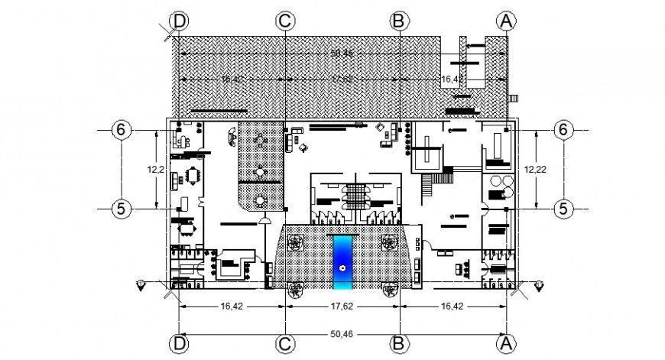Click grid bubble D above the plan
pyautogui.click(x=180, y=21)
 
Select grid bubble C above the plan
pyautogui.click(x=285, y=21)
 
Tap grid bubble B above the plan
pyautogui.click(x=397, y=21)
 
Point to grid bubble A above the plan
pyautogui.click(x=505, y=21)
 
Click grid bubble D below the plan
pyautogui.click(x=180, y=344)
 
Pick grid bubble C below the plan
pyautogui.click(x=285, y=344)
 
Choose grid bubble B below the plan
pyautogui.click(x=397, y=344)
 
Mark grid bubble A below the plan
pyautogui.click(x=505, y=344)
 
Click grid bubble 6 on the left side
pyautogui.click(x=121, y=130)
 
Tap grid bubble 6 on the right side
pyautogui.click(x=563, y=130)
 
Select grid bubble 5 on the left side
pyautogui.click(x=121, y=207)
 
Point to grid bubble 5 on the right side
pyautogui.click(x=563, y=207)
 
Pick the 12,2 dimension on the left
pyautogui.click(x=157, y=169)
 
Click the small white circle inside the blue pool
pyautogui.click(x=342, y=268)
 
